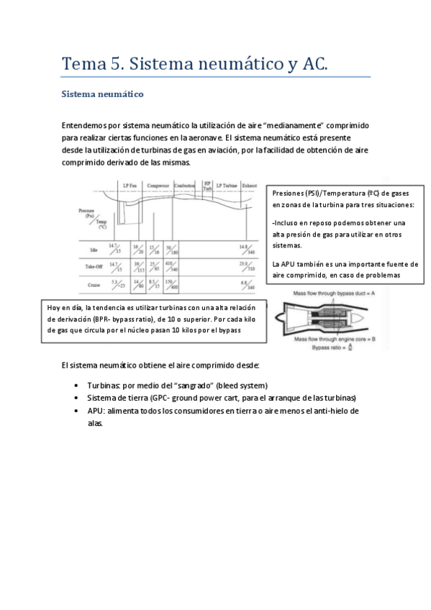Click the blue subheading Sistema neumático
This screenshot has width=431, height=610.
104,94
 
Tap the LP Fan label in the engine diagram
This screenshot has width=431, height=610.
130,185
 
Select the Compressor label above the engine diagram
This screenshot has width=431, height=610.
158,185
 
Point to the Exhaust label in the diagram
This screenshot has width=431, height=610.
249,185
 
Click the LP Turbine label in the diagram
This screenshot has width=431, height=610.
227,185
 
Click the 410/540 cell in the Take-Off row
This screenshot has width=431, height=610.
172,267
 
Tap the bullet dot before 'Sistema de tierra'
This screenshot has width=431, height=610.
77,398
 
